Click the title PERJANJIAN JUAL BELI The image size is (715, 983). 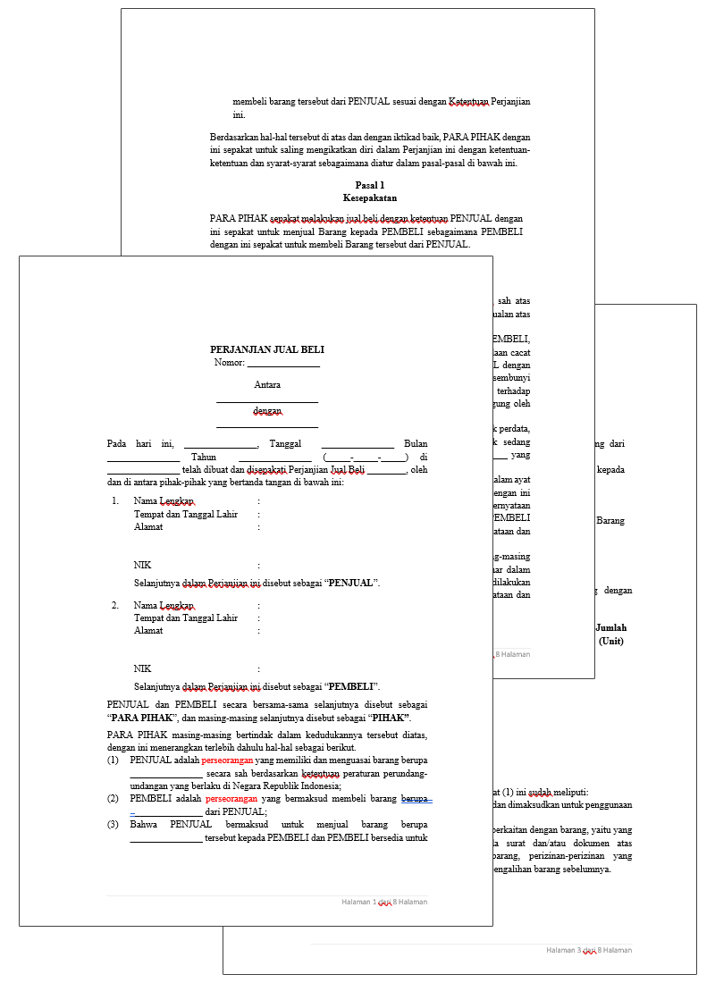[266, 350]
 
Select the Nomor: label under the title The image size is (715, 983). [230, 363]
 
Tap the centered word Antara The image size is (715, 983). [267, 385]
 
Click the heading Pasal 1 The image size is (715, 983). [369, 185]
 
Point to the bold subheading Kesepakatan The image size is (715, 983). [369, 197]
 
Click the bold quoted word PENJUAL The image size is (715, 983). [351, 584]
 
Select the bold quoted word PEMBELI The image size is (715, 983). [351, 687]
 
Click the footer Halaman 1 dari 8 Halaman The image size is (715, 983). [384, 903]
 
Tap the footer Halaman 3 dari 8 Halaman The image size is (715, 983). [589, 951]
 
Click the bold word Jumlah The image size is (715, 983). [611, 628]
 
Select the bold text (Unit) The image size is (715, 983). [611, 641]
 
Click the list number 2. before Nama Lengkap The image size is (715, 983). [114, 605]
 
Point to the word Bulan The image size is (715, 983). [416, 444]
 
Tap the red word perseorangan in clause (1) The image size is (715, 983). [227, 760]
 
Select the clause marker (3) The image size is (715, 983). [113, 824]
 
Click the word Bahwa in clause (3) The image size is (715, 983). [143, 824]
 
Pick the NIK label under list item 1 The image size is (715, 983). [142, 566]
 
